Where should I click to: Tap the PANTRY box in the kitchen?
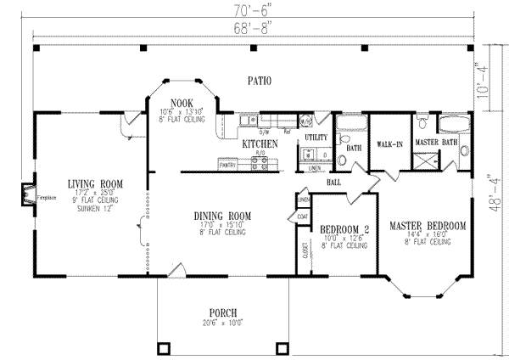pyautogui.click(x=227, y=166)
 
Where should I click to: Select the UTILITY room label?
pyautogui.click(x=316, y=137)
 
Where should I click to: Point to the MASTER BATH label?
pyautogui.click(x=436, y=141)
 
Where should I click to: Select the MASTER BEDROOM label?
pyautogui.click(x=427, y=225)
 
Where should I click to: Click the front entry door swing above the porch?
pyautogui.click(x=176, y=271)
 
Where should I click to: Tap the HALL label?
pyautogui.click(x=334, y=182)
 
